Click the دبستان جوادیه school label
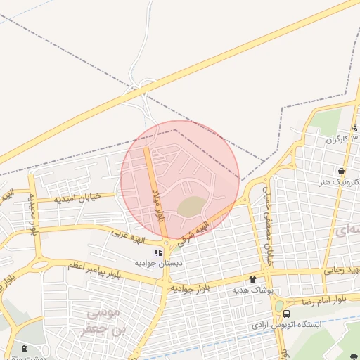pyautogui.click(x=159, y=262)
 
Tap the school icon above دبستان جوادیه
pyautogui.click(x=160, y=252)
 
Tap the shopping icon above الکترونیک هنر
pyautogui.click(x=341, y=171)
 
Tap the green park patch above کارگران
pyautogui.click(x=325, y=121)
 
